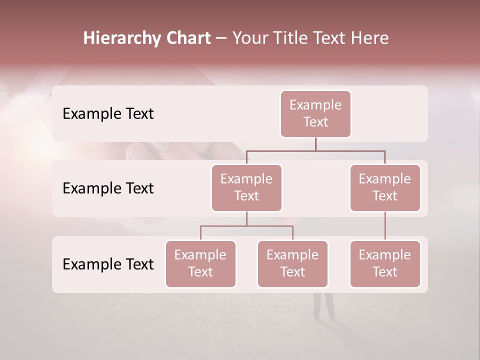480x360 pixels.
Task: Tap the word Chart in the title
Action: (x=188, y=38)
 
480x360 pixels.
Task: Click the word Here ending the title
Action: (x=369, y=38)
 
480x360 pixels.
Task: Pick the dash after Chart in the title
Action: (x=221, y=39)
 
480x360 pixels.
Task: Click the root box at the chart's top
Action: (x=315, y=113)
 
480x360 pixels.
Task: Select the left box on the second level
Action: (x=246, y=187)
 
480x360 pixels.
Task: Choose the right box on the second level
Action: (x=385, y=187)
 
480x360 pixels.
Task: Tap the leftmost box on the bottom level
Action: (x=200, y=263)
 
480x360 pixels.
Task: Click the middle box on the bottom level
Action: (x=292, y=263)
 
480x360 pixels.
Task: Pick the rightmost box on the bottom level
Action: (x=385, y=263)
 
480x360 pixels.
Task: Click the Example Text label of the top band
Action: (x=108, y=114)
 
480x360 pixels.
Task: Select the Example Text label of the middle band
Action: (x=108, y=188)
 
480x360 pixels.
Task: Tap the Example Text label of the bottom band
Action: (x=108, y=264)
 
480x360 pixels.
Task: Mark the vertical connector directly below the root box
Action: (x=315, y=144)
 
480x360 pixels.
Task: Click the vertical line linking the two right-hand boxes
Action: (x=385, y=226)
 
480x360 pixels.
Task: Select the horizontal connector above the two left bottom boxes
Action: (x=246, y=226)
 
